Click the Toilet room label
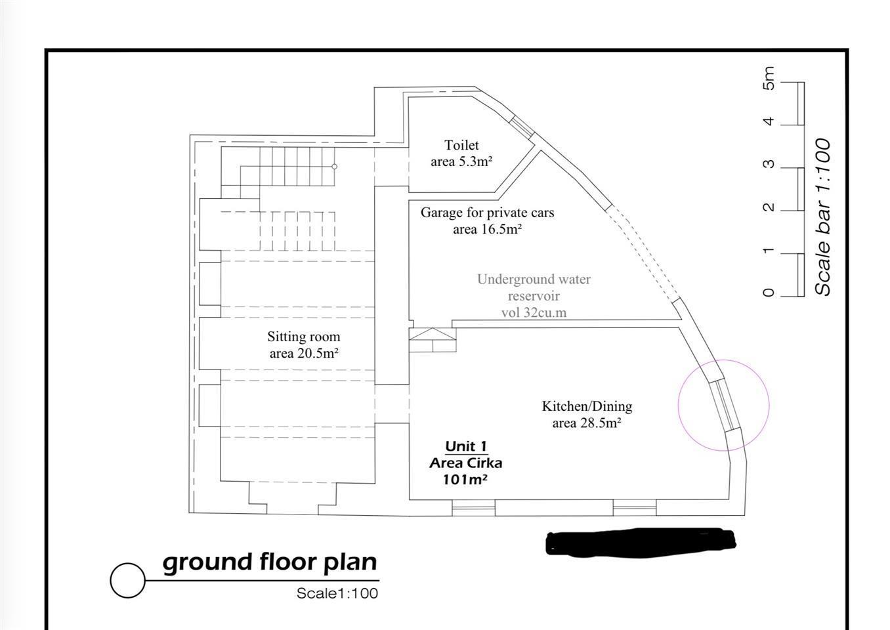point(461,146)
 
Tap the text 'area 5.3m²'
point(461,161)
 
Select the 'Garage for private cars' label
point(487,213)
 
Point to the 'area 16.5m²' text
point(487,229)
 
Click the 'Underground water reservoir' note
point(534,287)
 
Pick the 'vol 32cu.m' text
point(534,312)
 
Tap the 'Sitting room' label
point(303,337)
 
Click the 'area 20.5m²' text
point(303,354)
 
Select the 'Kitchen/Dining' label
point(587,406)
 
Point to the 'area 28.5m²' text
point(587,423)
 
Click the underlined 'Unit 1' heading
point(465,446)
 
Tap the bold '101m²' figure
point(465,480)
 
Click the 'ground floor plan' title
point(270,562)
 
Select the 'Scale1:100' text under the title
point(337,593)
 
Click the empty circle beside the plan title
point(127,580)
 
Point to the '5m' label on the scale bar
point(769,78)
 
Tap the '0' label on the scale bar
point(769,293)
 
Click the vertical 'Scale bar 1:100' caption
point(822,217)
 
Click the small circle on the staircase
point(335,167)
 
